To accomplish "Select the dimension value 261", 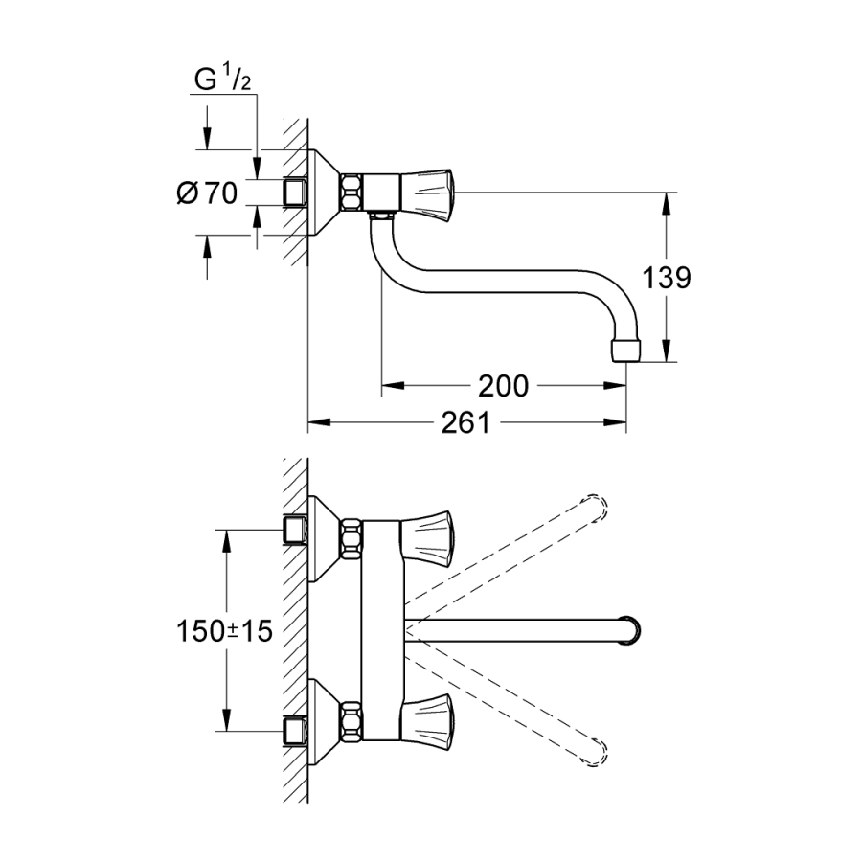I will pos(465,422).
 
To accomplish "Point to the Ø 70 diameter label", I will pos(207,193).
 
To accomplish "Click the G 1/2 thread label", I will pos(222,80).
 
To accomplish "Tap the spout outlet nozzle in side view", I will pos(624,347).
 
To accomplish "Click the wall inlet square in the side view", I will pos(294,193).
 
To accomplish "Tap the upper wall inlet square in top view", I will pos(294,529).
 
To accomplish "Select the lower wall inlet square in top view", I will pos(294,733).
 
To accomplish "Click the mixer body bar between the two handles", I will pos(380,627).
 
